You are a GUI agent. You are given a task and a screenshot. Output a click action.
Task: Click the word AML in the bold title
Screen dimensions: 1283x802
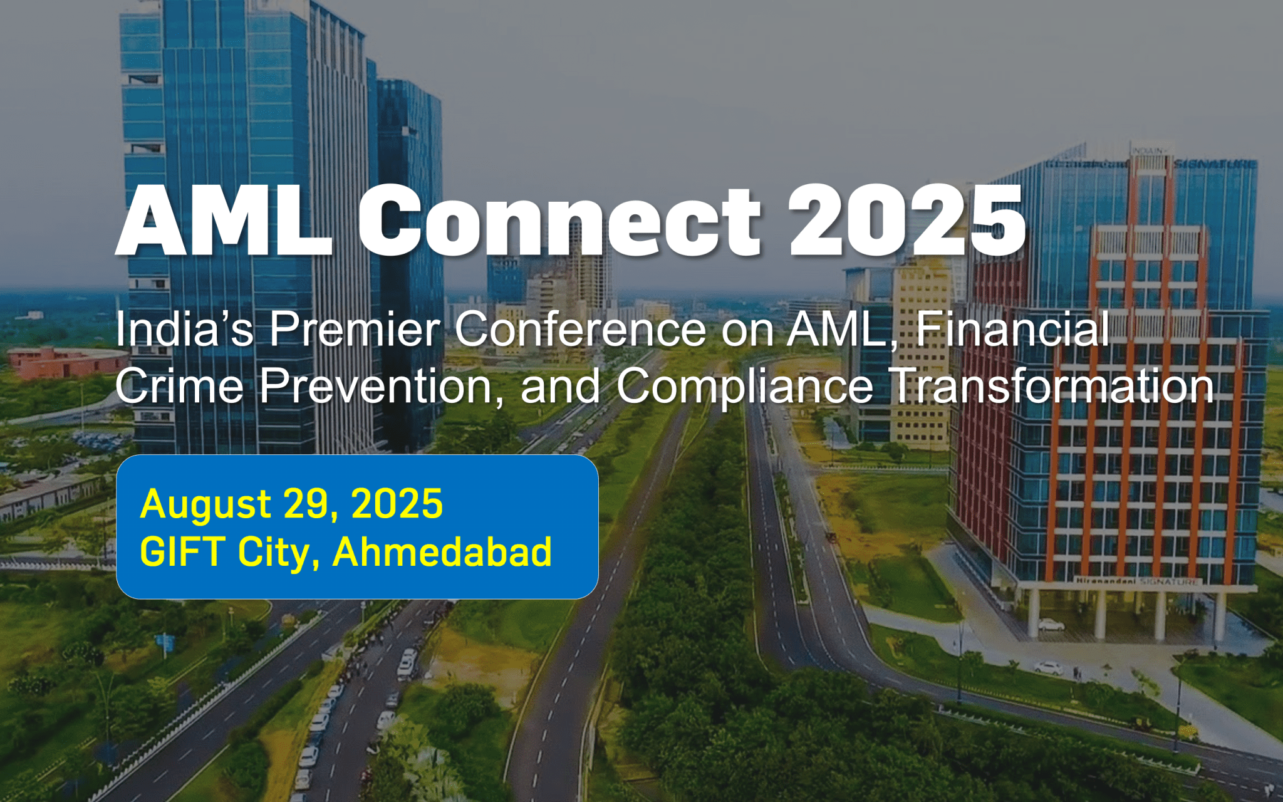[224, 221]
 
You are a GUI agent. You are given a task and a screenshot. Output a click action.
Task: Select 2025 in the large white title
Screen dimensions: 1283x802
[907, 221]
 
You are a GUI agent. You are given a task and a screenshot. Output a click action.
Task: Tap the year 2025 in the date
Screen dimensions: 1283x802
[397, 504]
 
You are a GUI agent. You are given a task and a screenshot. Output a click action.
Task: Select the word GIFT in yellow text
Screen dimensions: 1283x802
[182, 552]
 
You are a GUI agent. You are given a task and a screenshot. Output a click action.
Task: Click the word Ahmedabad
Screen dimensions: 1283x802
[442, 552]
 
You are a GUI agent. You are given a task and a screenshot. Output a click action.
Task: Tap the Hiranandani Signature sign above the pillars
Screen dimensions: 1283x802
[1138, 581]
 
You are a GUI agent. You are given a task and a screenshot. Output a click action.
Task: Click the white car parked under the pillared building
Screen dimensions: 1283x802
[1051, 625]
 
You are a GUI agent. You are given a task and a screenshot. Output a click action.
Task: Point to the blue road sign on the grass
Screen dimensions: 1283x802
[165, 641]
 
